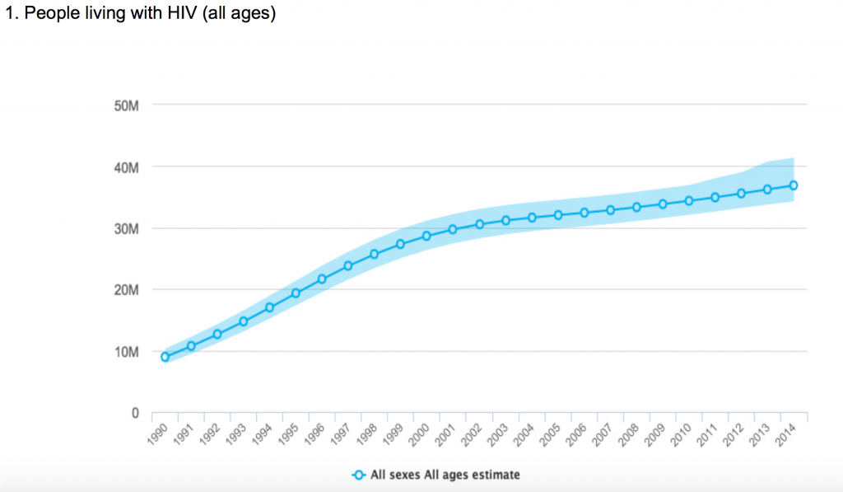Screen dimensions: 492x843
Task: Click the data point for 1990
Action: coord(165,357)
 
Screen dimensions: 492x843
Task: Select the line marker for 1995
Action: coord(296,293)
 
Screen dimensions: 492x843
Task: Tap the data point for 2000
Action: coord(426,236)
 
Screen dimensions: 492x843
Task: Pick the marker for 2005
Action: coord(557,215)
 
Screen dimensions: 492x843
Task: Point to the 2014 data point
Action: coord(793,185)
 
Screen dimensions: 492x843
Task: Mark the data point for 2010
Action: coord(688,201)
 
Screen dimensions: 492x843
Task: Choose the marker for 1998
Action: coord(374,254)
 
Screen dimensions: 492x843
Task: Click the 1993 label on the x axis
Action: coord(237,433)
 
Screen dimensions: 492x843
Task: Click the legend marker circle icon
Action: coord(358,475)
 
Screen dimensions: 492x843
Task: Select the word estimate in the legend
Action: coord(494,475)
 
